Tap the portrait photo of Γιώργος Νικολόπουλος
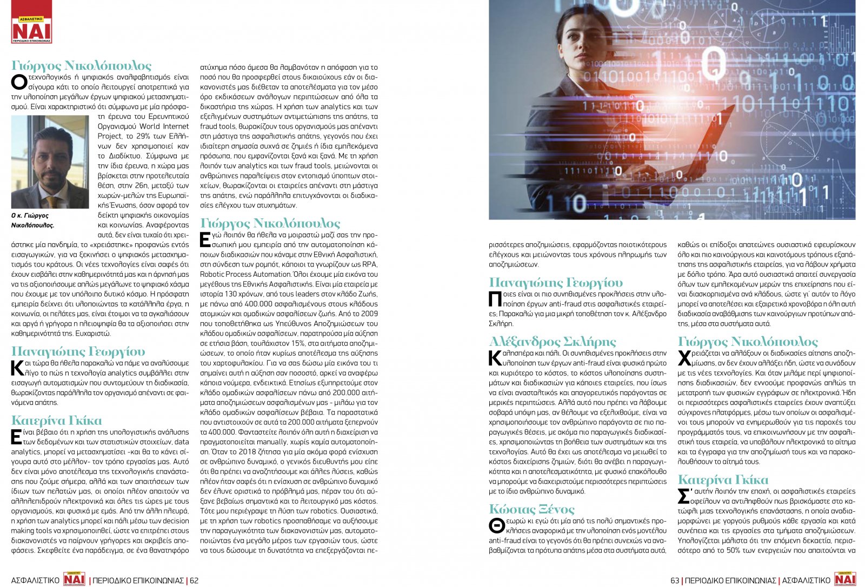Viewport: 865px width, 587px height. [x=50, y=162]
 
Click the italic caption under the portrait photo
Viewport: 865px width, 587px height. [x=33, y=220]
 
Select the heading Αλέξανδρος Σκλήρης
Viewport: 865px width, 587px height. [x=552, y=342]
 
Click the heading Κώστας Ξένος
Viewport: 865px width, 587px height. [x=531, y=509]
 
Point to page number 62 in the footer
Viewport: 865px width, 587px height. [x=194, y=581]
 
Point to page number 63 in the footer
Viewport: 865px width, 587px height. [x=675, y=581]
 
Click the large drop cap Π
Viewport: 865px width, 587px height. [x=495, y=299]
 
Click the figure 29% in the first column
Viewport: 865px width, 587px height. [x=144, y=136]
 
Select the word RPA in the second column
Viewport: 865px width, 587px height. [x=370, y=264]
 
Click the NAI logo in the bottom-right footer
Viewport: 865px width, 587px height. [x=845, y=579]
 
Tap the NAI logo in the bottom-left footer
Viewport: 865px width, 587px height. [x=74, y=579]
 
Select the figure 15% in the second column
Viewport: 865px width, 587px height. [x=298, y=343]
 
